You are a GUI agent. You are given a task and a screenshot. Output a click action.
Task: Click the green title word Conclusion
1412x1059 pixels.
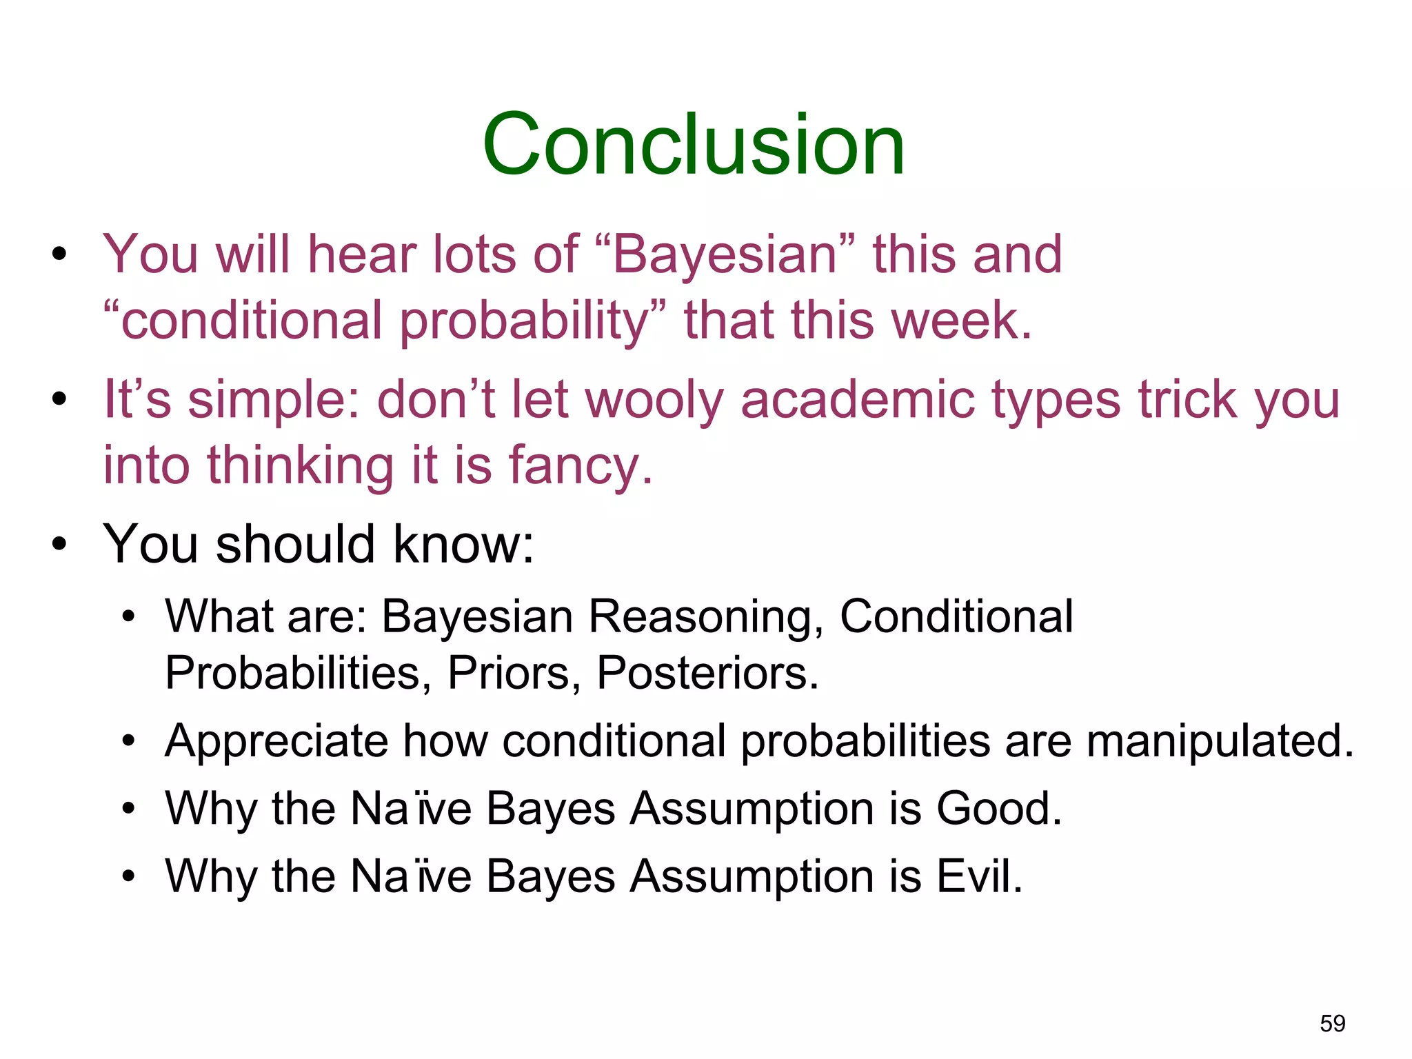(694, 145)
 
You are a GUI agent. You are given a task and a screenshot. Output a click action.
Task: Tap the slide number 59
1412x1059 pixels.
(1332, 1023)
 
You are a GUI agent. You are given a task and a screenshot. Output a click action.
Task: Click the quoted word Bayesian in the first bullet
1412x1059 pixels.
(724, 254)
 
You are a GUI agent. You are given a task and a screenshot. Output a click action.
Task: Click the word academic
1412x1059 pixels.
(858, 400)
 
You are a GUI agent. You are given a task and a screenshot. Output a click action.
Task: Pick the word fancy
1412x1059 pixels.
(579, 467)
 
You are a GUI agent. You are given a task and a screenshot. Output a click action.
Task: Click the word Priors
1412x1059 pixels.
(513, 673)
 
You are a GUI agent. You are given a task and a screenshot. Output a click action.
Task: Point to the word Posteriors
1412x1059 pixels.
(707, 673)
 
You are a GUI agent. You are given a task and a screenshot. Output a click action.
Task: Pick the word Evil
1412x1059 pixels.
(978, 876)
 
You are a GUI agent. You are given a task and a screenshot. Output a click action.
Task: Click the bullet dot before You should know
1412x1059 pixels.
(60, 544)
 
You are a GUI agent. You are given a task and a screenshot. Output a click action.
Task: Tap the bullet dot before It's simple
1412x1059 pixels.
(60, 399)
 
